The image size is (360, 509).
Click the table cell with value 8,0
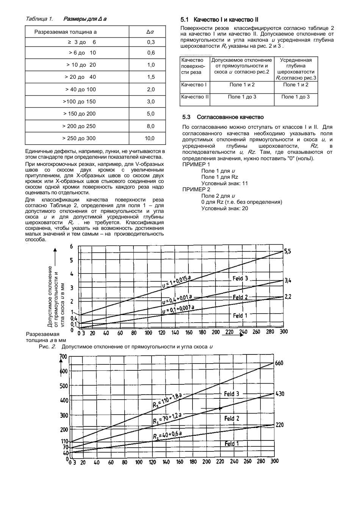click(150, 126)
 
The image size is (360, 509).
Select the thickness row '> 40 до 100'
click(80, 89)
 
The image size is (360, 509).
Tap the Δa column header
click(150, 31)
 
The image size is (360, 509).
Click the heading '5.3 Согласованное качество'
click(223, 117)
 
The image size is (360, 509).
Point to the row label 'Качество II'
click(195, 97)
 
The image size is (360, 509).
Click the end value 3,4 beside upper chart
click(288, 281)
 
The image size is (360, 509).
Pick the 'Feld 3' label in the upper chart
click(240, 279)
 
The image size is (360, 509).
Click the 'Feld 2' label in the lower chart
click(232, 418)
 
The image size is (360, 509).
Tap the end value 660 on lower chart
click(279, 363)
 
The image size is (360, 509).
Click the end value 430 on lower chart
click(279, 394)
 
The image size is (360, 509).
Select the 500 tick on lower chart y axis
click(63, 386)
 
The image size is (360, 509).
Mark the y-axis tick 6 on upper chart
click(71, 247)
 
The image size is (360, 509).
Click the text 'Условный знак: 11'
click(224, 183)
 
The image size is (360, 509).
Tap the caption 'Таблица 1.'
click(39, 19)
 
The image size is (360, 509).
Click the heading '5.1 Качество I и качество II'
click(220, 19)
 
